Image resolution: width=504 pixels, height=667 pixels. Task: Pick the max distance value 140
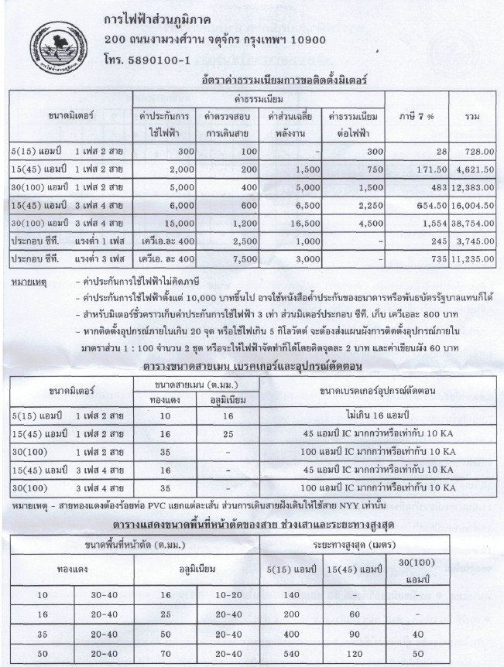[290, 596]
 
